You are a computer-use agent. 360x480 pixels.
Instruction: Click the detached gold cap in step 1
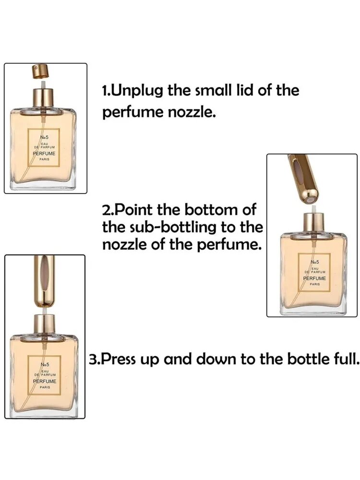pos(41,71)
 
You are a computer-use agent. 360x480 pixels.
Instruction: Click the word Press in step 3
pos(118,360)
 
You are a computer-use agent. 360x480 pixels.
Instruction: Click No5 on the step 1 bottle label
pos(44,137)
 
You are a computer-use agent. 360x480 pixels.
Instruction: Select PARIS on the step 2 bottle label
pos(315,284)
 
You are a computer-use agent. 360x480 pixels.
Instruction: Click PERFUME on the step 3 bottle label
pos(45,381)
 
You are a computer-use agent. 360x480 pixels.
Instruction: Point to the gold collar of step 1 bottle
pos(44,97)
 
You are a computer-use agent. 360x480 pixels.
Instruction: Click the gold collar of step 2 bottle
pos(313,223)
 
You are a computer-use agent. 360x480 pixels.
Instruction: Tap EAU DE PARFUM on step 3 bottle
pos(45,372)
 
